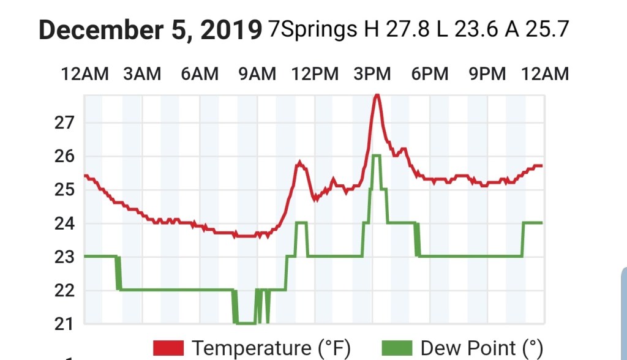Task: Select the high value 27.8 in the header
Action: pyautogui.click(x=409, y=29)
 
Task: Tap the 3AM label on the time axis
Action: pyautogui.click(x=142, y=74)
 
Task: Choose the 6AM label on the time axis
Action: pyautogui.click(x=200, y=74)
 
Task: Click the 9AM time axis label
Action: pyautogui.click(x=257, y=74)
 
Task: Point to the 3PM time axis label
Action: pyautogui.click(x=372, y=74)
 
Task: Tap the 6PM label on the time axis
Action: pyautogui.click(x=430, y=74)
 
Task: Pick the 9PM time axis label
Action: pyautogui.click(x=487, y=74)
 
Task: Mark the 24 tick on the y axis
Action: pyautogui.click(x=64, y=223)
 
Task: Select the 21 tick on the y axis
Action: pyautogui.click(x=64, y=324)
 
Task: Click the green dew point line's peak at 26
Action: pyautogui.click(x=376, y=156)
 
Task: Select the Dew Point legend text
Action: pyautogui.click(x=482, y=348)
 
